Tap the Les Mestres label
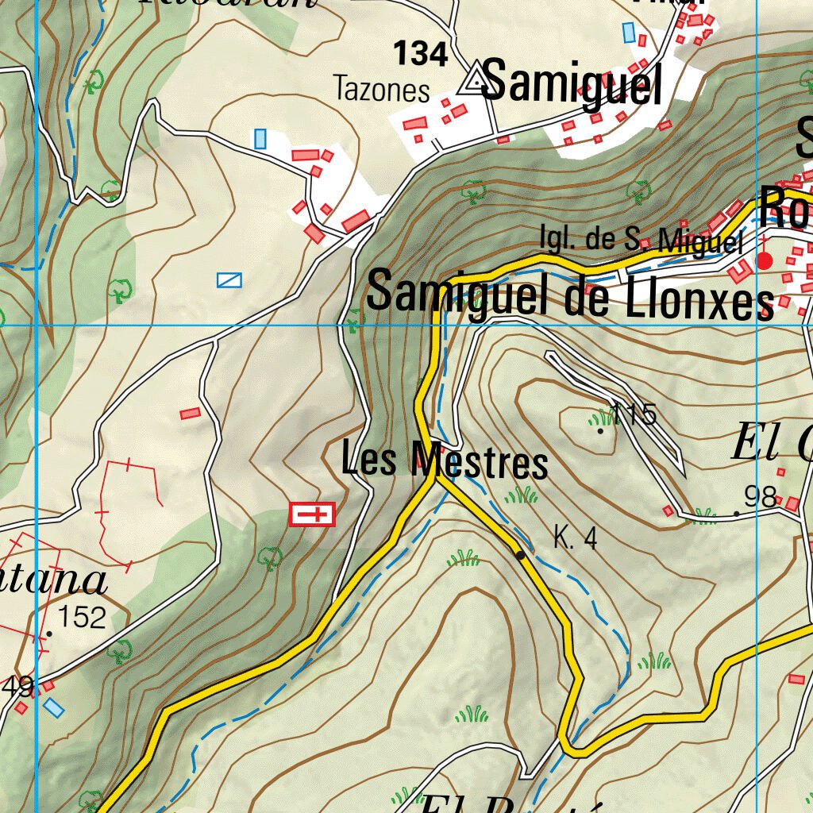(444, 461)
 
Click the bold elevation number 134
(421, 54)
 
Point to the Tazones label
(382, 89)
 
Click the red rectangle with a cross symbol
(313, 514)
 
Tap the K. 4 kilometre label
(575, 540)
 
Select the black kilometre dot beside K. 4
(519, 555)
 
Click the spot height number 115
(635, 414)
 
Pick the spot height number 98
(760, 498)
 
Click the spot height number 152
(83, 617)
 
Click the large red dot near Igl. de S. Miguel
(765, 260)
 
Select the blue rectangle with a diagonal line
(229, 279)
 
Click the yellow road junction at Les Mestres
(434, 477)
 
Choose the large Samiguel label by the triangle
(571, 83)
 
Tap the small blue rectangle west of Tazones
(260, 139)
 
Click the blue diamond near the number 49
(53, 707)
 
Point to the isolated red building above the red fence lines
(190, 414)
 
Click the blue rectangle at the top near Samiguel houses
(629, 33)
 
